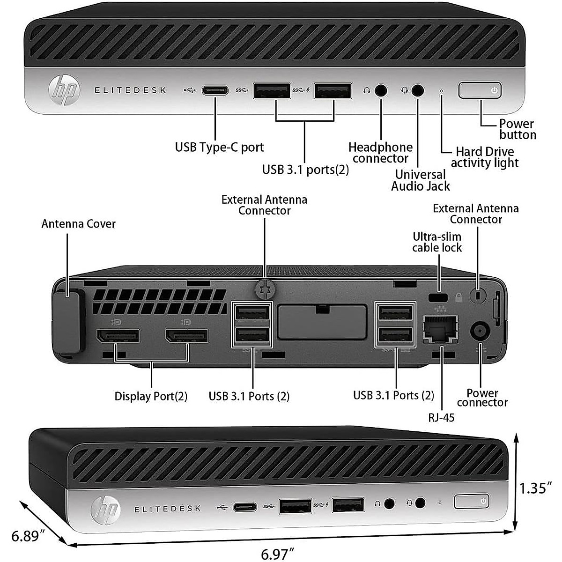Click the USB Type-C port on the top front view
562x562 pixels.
click(x=215, y=90)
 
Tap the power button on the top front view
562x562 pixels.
click(x=480, y=90)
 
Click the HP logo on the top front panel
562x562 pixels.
click(x=64, y=89)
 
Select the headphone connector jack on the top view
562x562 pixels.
click(x=381, y=90)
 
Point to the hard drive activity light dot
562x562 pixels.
click(x=441, y=90)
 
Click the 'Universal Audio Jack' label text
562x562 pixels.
click(x=420, y=180)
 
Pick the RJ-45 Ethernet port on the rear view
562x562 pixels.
click(x=440, y=330)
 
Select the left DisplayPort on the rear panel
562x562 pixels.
click(x=118, y=336)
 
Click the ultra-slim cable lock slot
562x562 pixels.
click(x=438, y=297)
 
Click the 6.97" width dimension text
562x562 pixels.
click(x=277, y=554)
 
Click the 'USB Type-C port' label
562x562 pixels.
click(x=219, y=147)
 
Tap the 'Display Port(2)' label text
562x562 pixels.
click(x=151, y=396)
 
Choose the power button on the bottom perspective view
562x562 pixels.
click(x=472, y=501)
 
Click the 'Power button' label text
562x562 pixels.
click(x=517, y=129)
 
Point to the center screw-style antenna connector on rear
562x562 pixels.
click(x=265, y=289)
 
